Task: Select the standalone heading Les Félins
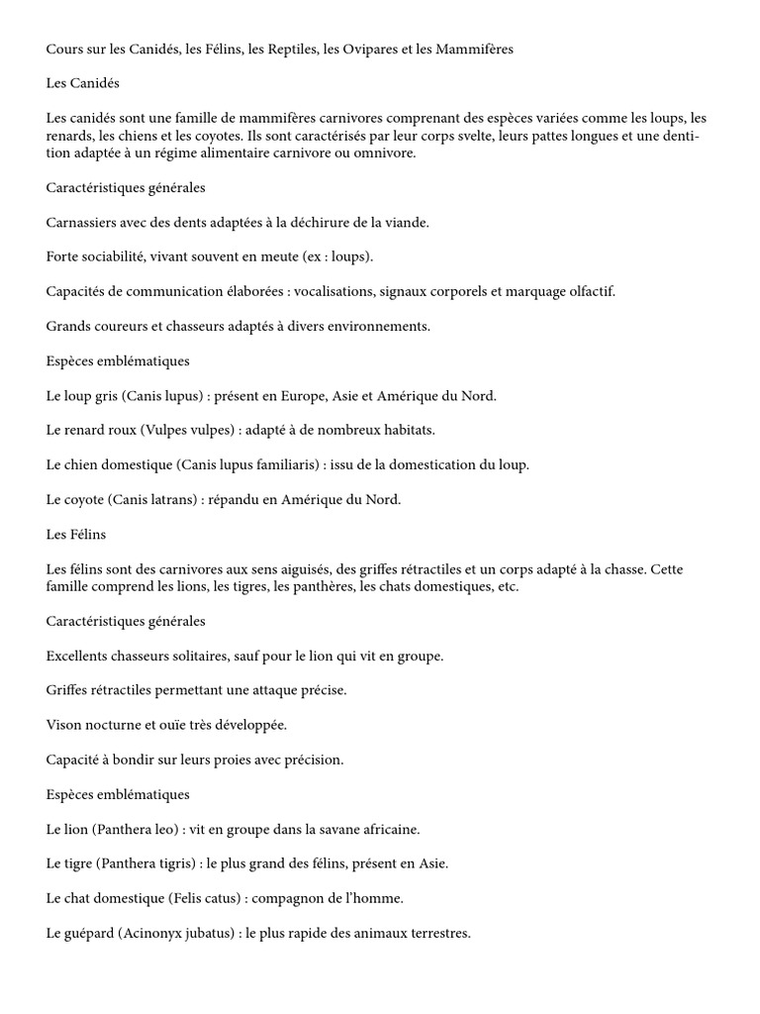(76, 535)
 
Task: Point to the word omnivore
(389, 153)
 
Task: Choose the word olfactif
(586, 291)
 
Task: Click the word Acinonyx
(160, 933)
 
